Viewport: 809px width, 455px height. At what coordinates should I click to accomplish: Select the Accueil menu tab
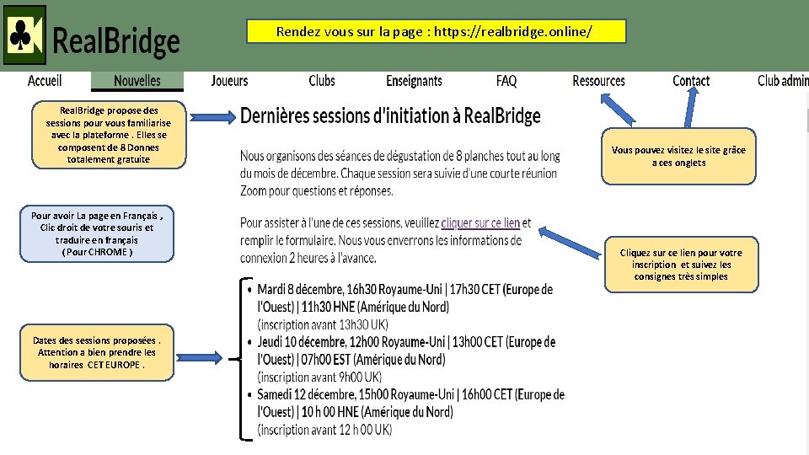[45, 81]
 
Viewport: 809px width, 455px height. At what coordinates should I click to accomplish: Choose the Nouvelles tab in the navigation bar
[137, 81]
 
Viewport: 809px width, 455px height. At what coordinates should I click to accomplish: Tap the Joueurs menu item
[229, 81]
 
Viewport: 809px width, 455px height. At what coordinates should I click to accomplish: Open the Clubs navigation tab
[321, 81]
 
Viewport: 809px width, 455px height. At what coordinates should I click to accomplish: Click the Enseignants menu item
[414, 81]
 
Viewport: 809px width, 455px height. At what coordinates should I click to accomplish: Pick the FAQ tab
[506, 81]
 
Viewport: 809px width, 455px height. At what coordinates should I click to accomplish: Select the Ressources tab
[598, 81]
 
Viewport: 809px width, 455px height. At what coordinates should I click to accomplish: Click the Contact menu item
[691, 81]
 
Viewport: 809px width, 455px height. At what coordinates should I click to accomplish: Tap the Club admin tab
[782, 81]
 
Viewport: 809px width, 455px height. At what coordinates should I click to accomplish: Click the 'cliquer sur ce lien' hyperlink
[480, 223]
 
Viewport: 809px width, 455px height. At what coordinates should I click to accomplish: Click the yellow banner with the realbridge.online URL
[436, 32]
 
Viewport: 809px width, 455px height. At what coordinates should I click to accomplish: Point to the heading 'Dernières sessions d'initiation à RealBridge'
[390, 116]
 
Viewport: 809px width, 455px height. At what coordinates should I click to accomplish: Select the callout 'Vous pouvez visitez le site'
[678, 156]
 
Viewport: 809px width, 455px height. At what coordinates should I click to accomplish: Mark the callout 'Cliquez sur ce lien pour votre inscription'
[681, 265]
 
